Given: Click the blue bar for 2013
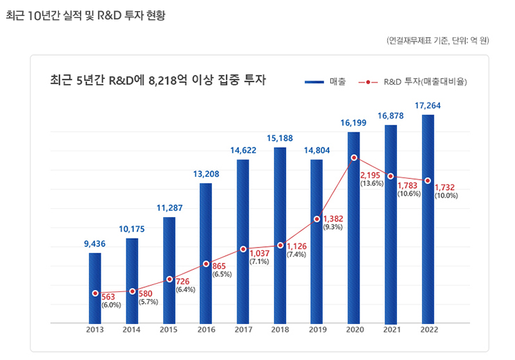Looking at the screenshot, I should [95, 288].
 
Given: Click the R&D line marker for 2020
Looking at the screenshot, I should [354, 158].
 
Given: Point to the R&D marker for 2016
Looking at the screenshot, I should [206, 264].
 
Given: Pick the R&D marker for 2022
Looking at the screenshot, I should [428, 181].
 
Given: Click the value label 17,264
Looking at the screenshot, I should [428, 105].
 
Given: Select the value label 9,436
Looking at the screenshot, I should [94, 243].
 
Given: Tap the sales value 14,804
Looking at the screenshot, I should [316, 151].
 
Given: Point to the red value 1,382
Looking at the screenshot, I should [333, 219].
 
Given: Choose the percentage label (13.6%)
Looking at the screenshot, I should [372, 184].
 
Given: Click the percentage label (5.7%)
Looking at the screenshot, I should [147, 302].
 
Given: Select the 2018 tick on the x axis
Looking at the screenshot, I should [280, 330].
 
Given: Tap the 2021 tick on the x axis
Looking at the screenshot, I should [391, 330].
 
